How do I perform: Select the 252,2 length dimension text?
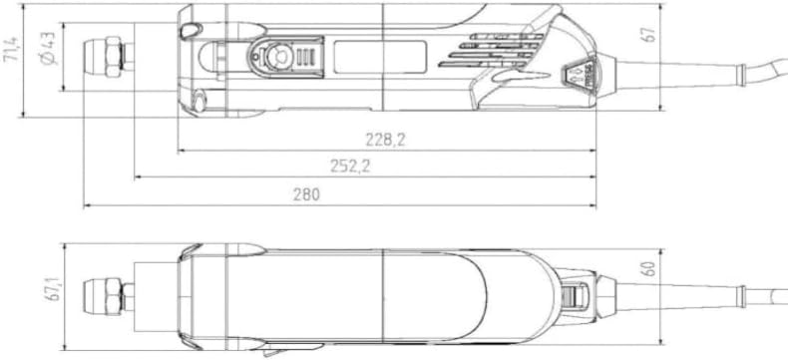click(351, 167)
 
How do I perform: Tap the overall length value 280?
click(306, 194)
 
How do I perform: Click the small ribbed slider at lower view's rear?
click(577, 297)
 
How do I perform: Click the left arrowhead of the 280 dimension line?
click(87, 206)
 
